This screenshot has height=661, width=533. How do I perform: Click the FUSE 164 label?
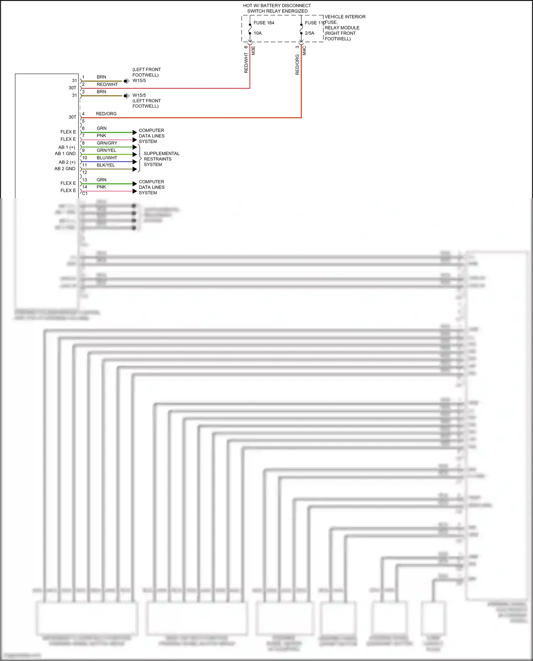click(x=264, y=23)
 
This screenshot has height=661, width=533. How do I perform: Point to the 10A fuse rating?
click(x=258, y=33)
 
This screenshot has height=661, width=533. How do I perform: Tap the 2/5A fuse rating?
click(x=309, y=33)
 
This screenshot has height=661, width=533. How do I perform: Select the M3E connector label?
click(x=253, y=50)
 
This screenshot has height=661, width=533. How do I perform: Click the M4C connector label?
click(x=305, y=50)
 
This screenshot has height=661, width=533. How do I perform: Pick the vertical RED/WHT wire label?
click(x=246, y=63)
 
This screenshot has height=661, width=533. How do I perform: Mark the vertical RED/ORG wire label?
click(x=297, y=65)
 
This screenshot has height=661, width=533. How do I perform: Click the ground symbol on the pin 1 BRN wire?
click(x=126, y=81)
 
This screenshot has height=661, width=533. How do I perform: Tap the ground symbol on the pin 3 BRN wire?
click(x=126, y=96)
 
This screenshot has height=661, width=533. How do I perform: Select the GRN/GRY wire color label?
click(x=107, y=143)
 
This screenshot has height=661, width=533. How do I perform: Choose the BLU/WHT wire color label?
click(x=107, y=158)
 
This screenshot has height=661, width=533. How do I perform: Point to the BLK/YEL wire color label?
click(x=106, y=165)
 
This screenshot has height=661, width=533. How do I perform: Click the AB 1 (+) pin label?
click(x=67, y=147)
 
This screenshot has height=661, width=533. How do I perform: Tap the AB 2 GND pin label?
click(x=65, y=169)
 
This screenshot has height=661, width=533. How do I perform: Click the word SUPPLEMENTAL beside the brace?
click(x=161, y=153)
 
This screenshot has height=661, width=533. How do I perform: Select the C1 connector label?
click(x=85, y=194)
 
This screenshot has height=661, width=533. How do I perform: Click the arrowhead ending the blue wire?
click(x=135, y=162)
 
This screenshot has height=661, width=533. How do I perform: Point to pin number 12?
click(x=85, y=173)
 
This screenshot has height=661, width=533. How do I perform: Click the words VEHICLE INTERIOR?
click(x=345, y=17)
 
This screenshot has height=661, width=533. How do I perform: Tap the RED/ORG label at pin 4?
click(x=106, y=114)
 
